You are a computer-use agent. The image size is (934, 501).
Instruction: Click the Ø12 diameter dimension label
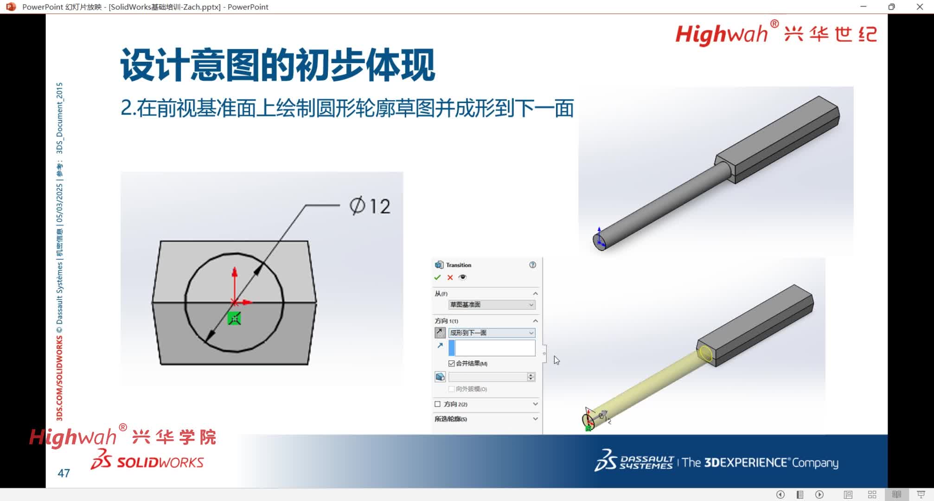pyautogui.click(x=370, y=206)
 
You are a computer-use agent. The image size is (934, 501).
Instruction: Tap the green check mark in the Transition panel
pyautogui.click(x=437, y=277)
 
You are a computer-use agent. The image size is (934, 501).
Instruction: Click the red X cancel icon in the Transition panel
pyautogui.click(x=450, y=277)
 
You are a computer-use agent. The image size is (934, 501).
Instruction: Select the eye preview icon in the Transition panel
pyautogui.click(x=462, y=277)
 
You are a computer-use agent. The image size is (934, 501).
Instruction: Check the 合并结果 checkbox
pyautogui.click(x=451, y=363)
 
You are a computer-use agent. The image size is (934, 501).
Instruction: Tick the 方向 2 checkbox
pyautogui.click(x=437, y=404)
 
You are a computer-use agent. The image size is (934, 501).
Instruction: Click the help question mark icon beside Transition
pyautogui.click(x=532, y=265)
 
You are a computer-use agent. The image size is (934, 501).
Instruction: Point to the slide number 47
pyautogui.click(x=64, y=473)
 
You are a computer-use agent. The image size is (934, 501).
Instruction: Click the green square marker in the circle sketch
pyautogui.click(x=234, y=319)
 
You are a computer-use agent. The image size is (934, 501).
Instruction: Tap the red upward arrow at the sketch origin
pyautogui.click(x=235, y=274)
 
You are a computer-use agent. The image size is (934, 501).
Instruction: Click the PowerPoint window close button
pyautogui.click(x=920, y=7)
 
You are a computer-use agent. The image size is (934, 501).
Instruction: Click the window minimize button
pyautogui.click(x=863, y=7)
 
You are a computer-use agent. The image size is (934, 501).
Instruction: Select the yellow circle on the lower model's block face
pyautogui.click(x=705, y=353)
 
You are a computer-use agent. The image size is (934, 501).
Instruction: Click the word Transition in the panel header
pyautogui.click(x=458, y=265)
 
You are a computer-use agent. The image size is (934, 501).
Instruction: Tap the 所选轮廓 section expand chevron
pyautogui.click(x=535, y=419)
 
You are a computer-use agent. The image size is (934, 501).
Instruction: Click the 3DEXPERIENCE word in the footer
pyautogui.click(x=746, y=463)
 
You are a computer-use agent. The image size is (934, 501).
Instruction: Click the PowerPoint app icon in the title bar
pyautogui.click(x=11, y=7)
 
